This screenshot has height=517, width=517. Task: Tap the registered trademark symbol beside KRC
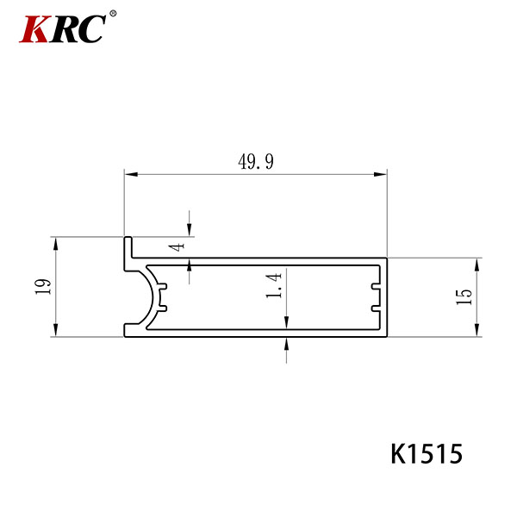(113, 14)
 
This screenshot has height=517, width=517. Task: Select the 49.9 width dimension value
(256, 162)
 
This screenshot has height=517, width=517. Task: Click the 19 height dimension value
(44, 287)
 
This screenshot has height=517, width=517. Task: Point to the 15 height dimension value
(464, 296)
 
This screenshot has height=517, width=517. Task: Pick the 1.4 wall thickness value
(274, 285)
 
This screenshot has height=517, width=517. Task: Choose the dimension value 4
(178, 246)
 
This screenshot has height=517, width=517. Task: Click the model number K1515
(427, 454)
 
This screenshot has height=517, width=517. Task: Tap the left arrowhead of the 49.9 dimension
(131, 174)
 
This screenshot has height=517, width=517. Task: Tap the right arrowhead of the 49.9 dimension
(380, 174)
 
